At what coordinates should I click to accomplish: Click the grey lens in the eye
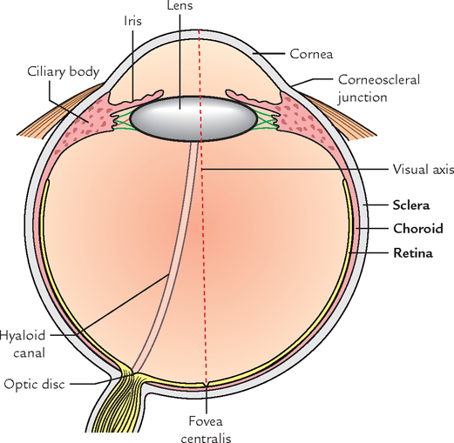[x=193, y=119]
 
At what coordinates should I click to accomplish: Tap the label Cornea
[x=311, y=54]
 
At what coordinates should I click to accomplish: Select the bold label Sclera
[x=411, y=205]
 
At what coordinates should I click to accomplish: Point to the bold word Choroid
[x=418, y=229]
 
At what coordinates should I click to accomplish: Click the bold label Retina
[x=413, y=253]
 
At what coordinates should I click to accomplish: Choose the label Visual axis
[x=424, y=170]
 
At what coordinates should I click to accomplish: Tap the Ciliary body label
[x=64, y=72]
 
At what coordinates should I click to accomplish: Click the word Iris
[x=132, y=21]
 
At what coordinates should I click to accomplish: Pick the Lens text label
[x=180, y=5]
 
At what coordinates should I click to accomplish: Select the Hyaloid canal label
[x=23, y=344]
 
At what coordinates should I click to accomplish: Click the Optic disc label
[x=34, y=384]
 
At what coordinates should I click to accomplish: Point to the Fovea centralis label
[x=206, y=429]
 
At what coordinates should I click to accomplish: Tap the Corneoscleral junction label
[x=379, y=89]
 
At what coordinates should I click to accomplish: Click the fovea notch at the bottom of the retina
[x=207, y=384]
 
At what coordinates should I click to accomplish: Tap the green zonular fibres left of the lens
[x=122, y=119]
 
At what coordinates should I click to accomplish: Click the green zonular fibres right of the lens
[x=266, y=118]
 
